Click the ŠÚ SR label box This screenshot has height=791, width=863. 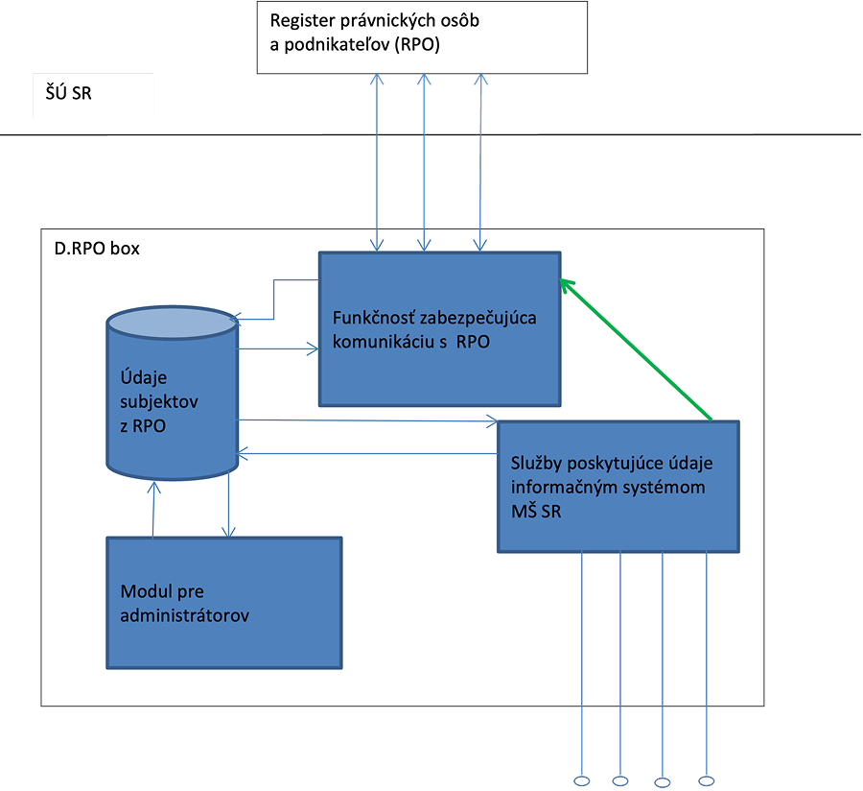(93, 96)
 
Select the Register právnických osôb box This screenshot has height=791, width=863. (422, 36)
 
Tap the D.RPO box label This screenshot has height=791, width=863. (97, 249)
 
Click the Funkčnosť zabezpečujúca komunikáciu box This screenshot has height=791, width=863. (439, 328)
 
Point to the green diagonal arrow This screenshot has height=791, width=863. (637, 349)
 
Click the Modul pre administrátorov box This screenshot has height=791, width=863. (223, 602)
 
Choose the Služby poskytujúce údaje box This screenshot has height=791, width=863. (618, 487)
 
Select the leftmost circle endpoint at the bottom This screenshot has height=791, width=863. (581, 780)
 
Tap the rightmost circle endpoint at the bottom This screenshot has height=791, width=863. (707, 780)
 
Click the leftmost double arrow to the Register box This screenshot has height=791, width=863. (379, 162)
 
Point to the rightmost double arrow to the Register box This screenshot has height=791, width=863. (481, 162)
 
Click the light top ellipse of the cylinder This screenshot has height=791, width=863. (172, 324)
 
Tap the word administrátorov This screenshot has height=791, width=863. (185, 615)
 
